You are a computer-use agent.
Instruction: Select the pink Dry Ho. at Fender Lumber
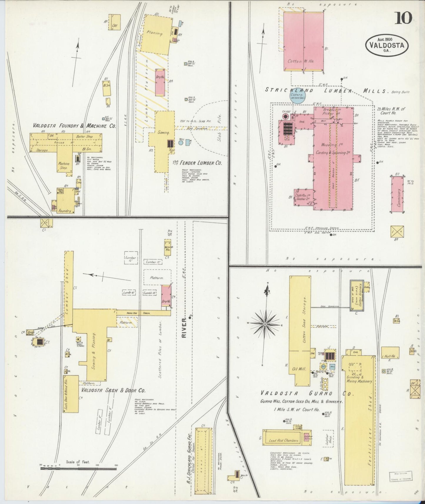pos(160,82)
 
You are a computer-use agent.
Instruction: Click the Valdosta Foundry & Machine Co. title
pos(74,126)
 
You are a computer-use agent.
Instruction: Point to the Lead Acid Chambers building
pos(283,440)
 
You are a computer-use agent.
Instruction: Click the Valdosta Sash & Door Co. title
pos(113,390)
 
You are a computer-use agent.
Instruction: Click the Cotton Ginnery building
pos(357,295)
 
